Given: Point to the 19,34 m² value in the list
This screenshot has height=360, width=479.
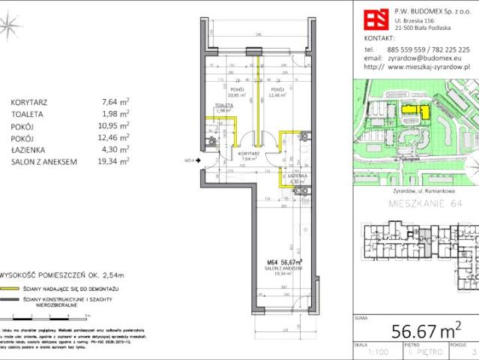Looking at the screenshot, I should click(115, 160).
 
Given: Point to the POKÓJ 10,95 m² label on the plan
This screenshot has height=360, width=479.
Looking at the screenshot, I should click(238, 93).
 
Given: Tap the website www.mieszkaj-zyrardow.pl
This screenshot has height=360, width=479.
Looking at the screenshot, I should click(431, 67).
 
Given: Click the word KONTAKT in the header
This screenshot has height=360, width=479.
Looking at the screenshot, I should click(378, 37).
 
